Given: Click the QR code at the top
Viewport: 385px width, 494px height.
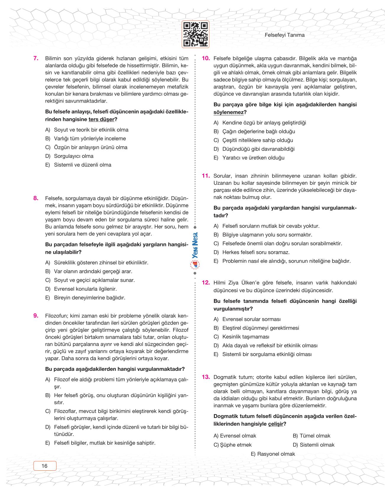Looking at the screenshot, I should click(x=195, y=34).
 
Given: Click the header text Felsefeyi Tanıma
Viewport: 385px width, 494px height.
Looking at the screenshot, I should click(x=284, y=35).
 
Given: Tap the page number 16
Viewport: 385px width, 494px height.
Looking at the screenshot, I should click(x=45, y=466).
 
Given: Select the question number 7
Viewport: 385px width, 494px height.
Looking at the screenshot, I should click(x=36, y=58).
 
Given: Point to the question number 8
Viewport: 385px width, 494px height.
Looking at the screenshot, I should click(x=36, y=198).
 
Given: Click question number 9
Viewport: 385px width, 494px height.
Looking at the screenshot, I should click(x=36, y=316).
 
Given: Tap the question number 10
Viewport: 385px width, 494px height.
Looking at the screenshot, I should click(x=206, y=58).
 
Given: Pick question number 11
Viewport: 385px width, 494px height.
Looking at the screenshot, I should click(x=206, y=176).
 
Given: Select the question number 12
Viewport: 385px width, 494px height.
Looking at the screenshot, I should click(x=206, y=282).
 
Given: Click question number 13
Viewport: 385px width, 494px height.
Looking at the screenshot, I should click(x=206, y=377).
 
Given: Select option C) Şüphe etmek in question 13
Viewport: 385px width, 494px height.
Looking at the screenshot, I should click(x=233, y=445).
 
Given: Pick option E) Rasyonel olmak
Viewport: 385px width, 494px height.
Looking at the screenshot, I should click(x=273, y=454).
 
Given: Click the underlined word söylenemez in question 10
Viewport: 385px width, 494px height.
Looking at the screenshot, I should click(x=229, y=112).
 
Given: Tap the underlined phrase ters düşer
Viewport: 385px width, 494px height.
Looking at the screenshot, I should click(x=101, y=119).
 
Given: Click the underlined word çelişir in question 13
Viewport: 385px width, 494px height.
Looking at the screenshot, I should click(x=276, y=424).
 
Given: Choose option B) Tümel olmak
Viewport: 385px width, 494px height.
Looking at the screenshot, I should click(x=311, y=436).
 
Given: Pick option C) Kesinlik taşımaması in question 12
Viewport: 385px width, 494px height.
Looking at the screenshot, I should click(x=241, y=337).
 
